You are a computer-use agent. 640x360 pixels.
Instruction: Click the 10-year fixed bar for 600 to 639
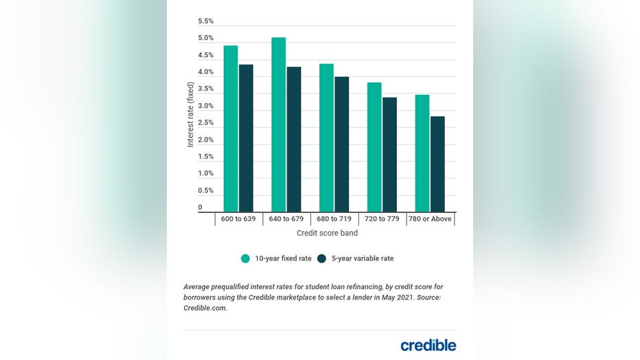pos(231,129)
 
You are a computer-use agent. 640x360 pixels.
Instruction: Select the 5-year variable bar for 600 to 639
pos(246,138)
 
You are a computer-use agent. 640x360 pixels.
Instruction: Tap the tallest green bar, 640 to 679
pos(278,125)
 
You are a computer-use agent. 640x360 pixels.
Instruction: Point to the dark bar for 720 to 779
pos(389,155)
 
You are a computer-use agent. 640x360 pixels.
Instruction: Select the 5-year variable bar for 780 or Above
pos(437,164)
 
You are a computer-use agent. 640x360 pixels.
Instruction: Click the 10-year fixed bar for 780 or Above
pos(422,153)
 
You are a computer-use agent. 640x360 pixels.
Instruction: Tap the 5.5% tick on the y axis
pos(205,21)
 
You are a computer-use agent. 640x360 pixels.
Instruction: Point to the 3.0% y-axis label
pos(205,106)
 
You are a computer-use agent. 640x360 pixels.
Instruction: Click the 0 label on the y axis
pos(201,207)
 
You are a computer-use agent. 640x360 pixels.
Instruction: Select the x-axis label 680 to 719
pos(334,219)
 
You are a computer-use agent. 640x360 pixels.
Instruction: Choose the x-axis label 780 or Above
pos(430,219)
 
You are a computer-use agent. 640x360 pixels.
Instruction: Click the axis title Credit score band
pos(326,234)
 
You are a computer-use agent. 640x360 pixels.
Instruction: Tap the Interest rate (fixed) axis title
pos(191,115)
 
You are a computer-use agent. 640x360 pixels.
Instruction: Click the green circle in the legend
pos(245,258)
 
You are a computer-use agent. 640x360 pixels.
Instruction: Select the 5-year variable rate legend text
pos(363,258)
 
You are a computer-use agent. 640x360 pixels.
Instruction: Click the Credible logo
pos(428,345)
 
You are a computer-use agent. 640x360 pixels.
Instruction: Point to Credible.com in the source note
pos(205,308)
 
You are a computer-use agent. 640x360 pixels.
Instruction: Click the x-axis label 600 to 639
pos(238,219)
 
